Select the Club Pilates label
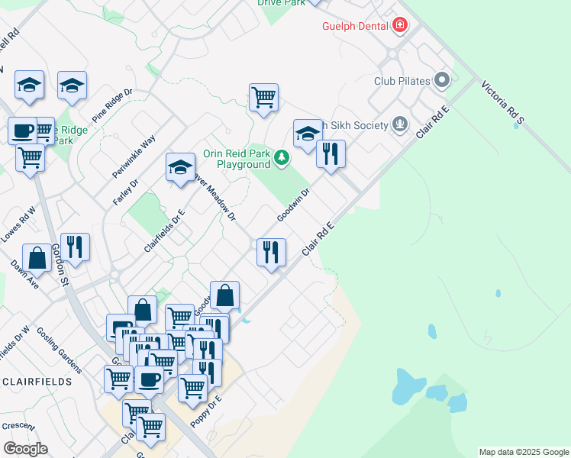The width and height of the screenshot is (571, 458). point(402,81)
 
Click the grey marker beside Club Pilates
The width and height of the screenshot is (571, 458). point(441,80)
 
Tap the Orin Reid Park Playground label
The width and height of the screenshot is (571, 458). point(236,158)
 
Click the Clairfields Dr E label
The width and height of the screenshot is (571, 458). point(165,231)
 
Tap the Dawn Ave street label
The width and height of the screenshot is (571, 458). point(24,275)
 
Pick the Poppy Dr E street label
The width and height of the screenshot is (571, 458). point(207,412)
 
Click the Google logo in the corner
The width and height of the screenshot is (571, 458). point(25,449)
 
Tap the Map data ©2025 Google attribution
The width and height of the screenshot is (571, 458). point(524,452)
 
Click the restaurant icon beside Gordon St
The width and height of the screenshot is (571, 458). point(75,247)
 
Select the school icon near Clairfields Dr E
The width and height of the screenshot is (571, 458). point(180,168)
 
